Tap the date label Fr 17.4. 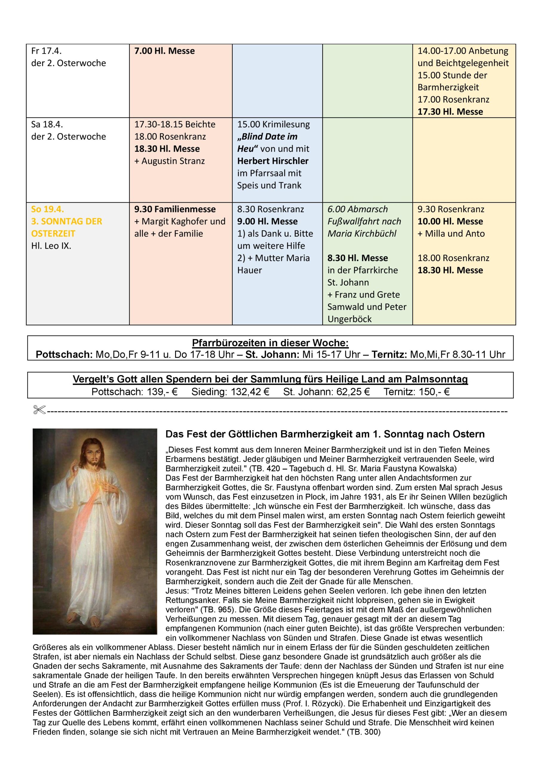pos(46,51)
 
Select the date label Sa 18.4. pos(47,124)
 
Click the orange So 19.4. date pos(47,209)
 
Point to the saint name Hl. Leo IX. pos(51,246)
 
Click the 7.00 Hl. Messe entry pos(164,51)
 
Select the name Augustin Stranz pos(173,161)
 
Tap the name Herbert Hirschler pos(272,161)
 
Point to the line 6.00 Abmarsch pos(358,209)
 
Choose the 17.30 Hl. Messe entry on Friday pos(450,112)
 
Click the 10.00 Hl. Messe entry pos(450,221)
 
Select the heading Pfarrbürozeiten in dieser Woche pos(270,343)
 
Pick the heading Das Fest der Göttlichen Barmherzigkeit pos(325,434)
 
